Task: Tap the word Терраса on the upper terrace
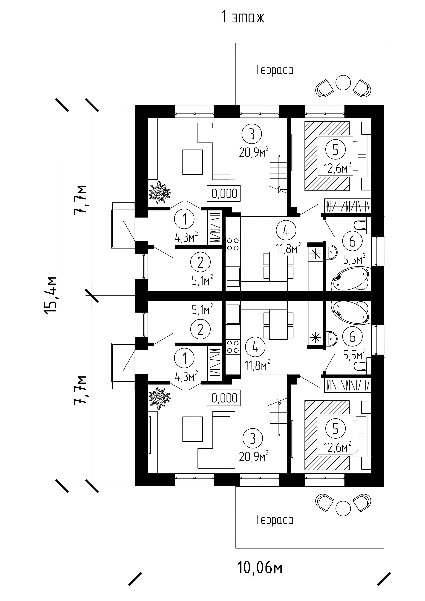pyautogui.click(x=274, y=70)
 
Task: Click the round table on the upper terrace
pyautogui.click(x=343, y=83)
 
